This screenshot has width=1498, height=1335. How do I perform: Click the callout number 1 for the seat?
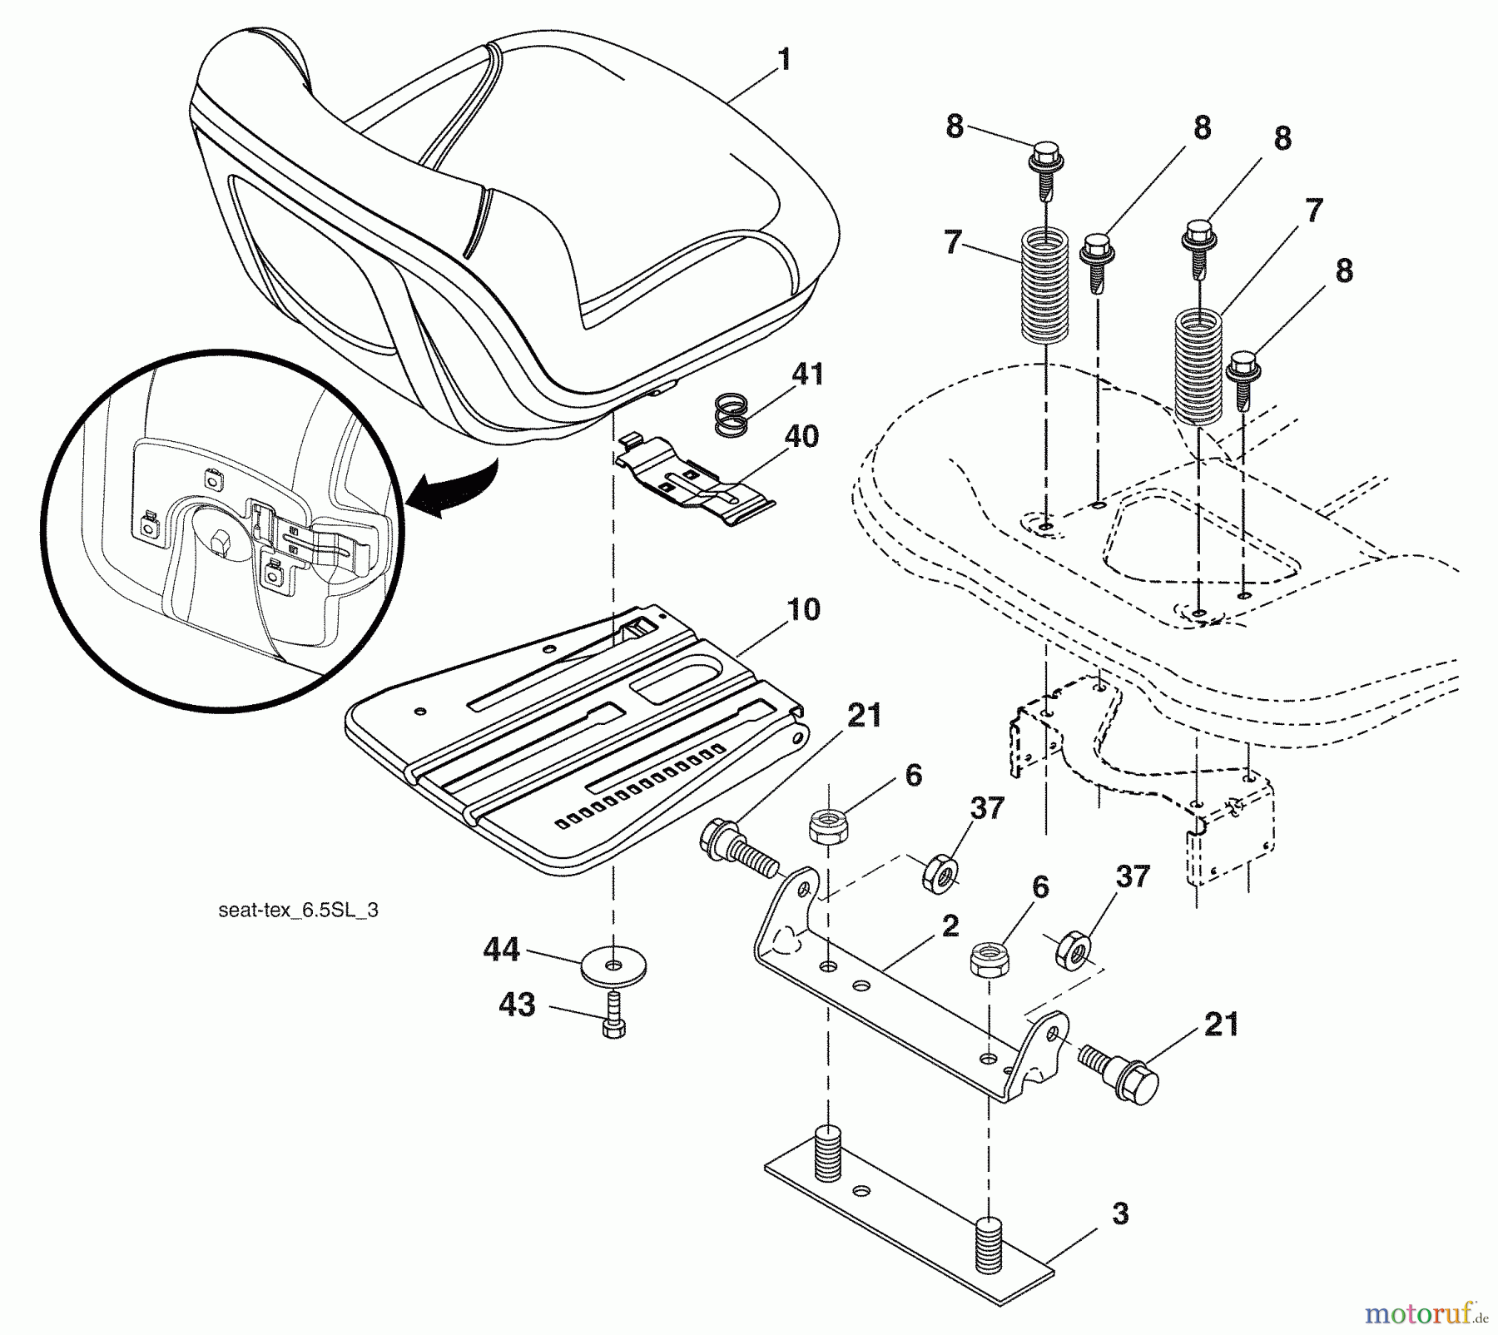click(782, 61)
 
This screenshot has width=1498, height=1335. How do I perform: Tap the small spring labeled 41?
click(732, 414)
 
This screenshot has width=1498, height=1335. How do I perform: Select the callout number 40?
click(801, 436)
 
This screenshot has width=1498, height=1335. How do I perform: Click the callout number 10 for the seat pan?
click(802, 609)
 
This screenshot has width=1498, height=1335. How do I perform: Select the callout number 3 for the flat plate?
click(1120, 1213)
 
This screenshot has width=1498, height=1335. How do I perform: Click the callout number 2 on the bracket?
click(950, 926)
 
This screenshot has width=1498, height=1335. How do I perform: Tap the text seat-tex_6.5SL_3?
click(298, 910)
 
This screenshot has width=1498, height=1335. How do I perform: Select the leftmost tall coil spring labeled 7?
click(1045, 283)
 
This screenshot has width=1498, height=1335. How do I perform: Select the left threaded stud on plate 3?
click(827, 1153)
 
